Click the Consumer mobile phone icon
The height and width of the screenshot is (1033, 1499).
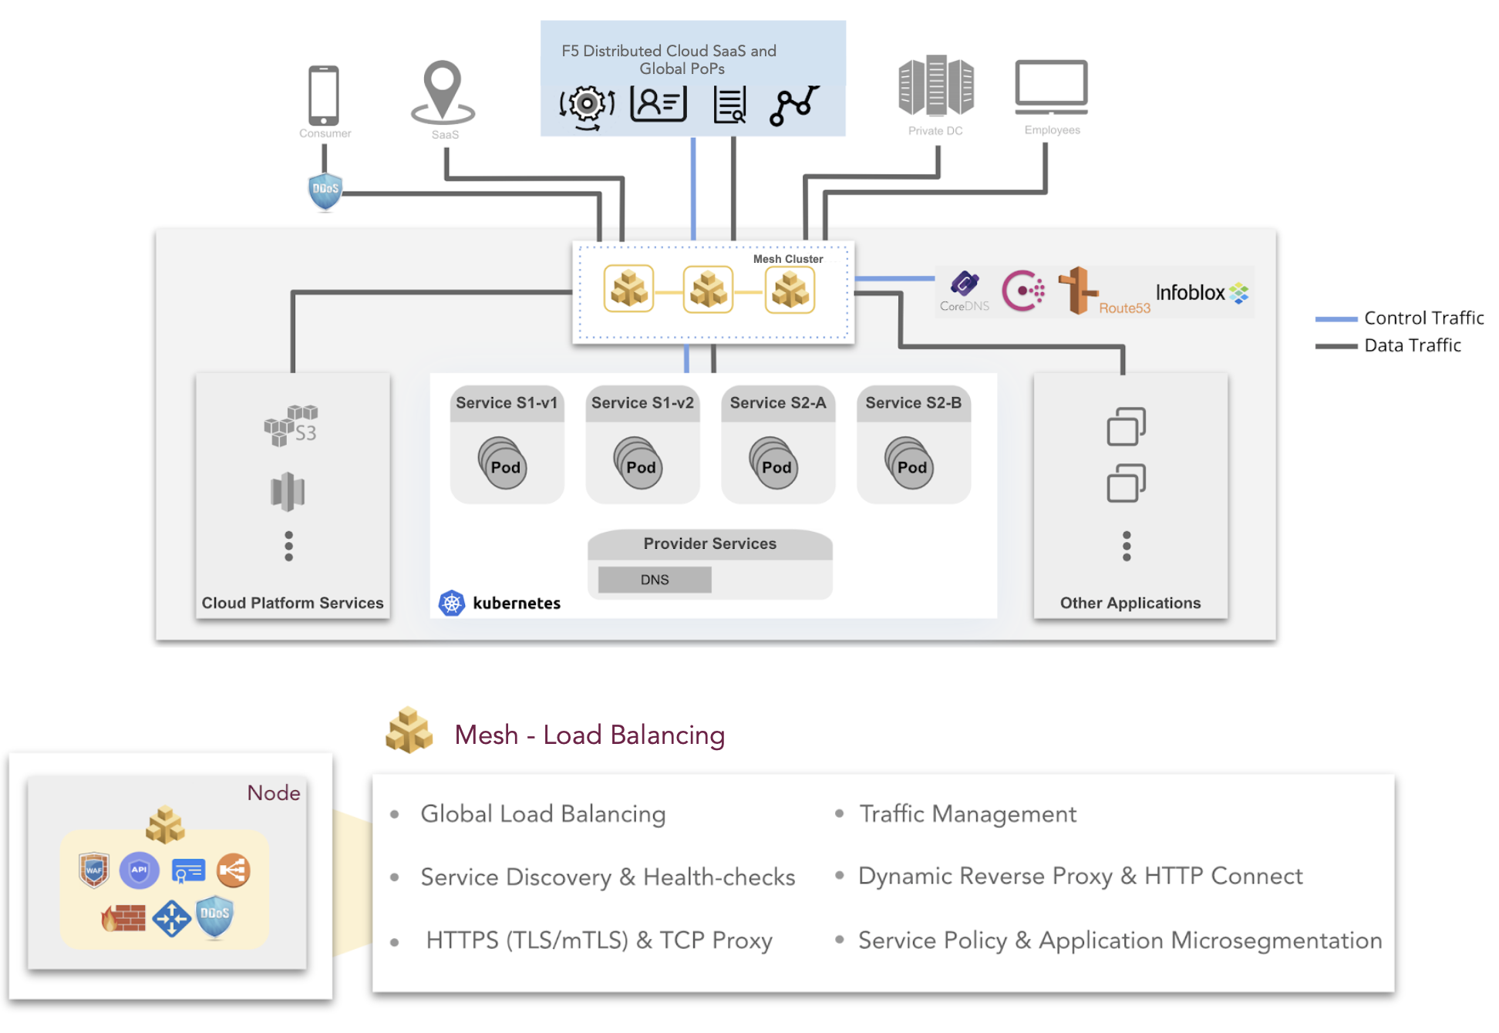[324, 96]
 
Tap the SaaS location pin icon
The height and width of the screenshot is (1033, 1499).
[443, 93]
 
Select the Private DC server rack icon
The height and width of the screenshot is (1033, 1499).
[935, 86]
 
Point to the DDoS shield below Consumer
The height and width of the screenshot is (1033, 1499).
[325, 190]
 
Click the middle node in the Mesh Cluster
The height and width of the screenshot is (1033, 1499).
[708, 290]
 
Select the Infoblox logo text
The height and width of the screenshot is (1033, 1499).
[1190, 293]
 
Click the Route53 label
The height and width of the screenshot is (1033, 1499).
[1124, 308]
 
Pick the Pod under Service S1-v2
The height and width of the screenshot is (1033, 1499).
[639, 464]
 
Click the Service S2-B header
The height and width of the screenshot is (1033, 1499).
[913, 403]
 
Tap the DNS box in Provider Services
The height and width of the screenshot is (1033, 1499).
[655, 580]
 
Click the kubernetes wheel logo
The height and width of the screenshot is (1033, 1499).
[452, 603]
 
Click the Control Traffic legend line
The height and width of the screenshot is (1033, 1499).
[1336, 318]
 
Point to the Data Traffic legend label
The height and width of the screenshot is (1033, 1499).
[1412, 345]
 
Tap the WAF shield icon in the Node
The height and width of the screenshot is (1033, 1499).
[94, 870]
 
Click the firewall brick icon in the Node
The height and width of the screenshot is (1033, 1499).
[124, 917]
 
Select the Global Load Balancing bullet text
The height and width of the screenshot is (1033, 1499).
[543, 814]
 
